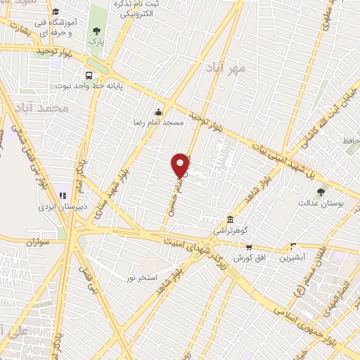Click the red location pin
point(181,165)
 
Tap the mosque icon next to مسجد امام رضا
point(159,111)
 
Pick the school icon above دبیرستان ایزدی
point(62,195)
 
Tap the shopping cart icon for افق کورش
point(248,247)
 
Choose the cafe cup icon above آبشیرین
point(293,246)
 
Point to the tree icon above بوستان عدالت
point(321,191)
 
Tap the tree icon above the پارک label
point(96,30)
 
